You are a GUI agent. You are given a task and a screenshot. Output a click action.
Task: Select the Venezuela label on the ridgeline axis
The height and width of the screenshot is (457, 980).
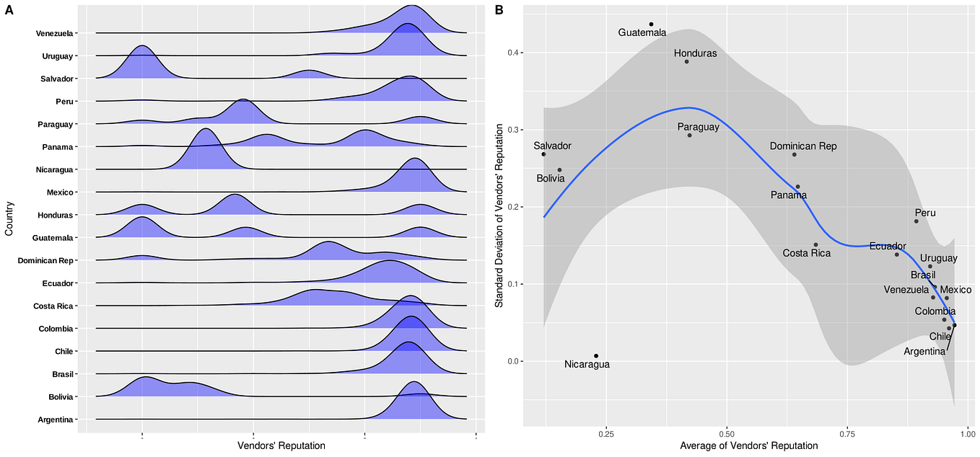pyautogui.click(x=56, y=33)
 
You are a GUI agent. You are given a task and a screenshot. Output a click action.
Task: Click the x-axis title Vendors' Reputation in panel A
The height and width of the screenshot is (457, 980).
pyautogui.click(x=280, y=446)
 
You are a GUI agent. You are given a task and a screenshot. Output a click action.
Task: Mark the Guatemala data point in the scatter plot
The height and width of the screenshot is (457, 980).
pyautogui.click(x=651, y=25)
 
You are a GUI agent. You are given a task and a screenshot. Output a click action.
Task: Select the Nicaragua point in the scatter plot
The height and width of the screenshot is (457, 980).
pyautogui.click(x=596, y=355)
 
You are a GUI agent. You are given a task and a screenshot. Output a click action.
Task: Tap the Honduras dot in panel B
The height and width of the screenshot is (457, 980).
pyautogui.click(x=687, y=61)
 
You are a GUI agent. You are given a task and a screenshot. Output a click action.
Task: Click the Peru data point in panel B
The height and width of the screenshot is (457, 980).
pyautogui.click(x=916, y=221)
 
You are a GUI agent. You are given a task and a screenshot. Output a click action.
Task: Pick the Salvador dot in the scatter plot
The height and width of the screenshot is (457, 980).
pyautogui.click(x=543, y=154)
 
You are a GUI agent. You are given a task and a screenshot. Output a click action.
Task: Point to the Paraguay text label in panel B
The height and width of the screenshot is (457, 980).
pyautogui.click(x=698, y=127)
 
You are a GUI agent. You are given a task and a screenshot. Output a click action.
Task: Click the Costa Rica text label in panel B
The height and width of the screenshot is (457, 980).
pyautogui.click(x=806, y=253)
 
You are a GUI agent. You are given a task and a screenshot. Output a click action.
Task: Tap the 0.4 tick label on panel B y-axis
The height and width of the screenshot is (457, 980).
pyautogui.click(x=512, y=53)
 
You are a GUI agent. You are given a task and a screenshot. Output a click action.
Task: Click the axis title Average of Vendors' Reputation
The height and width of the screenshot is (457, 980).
pyautogui.click(x=749, y=446)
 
